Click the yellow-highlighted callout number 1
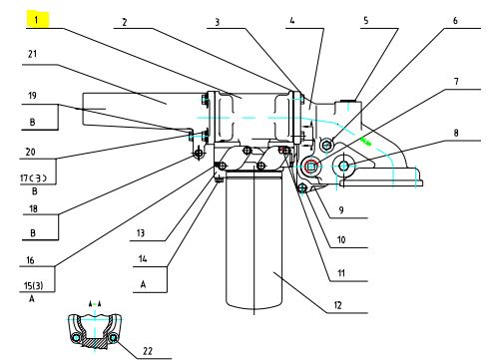point(37,20)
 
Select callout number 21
point(32,54)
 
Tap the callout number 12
point(337,305)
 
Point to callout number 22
point(148,351)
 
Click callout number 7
point(456,81)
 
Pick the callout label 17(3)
point(33,179)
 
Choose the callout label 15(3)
point(33,285)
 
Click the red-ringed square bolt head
point(311,166)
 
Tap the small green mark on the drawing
point(366,142)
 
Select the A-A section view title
point(95,304)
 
